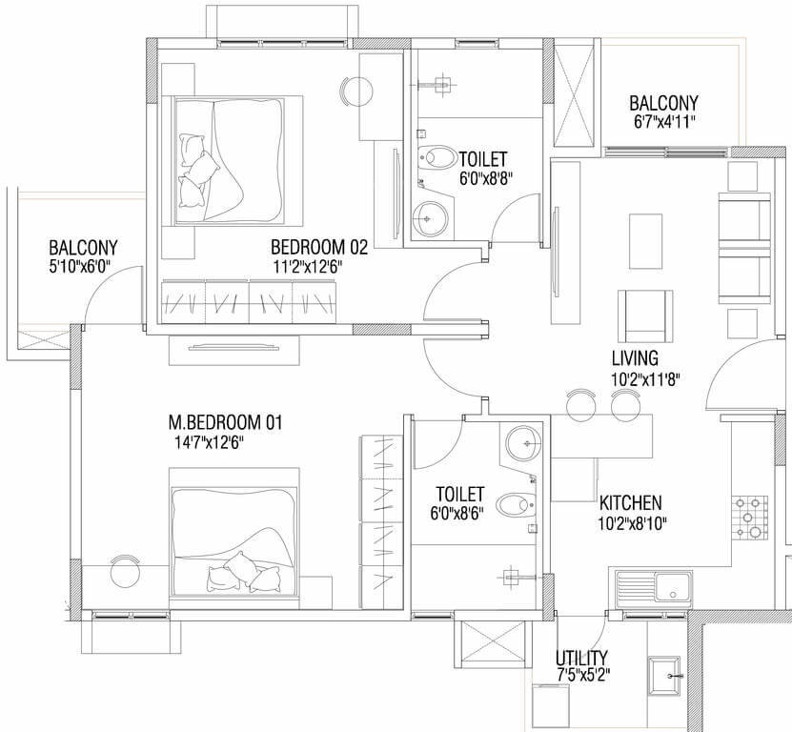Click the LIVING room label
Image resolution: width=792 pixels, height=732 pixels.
(x=634, y=358)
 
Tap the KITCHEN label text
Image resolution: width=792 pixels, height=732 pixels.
(x=630, y=502)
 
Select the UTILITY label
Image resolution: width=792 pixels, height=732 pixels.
(x=582, y=659)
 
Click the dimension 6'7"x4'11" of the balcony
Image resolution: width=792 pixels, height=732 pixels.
(x=663, y=122)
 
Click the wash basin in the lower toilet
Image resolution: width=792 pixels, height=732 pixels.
(x=522, y=441)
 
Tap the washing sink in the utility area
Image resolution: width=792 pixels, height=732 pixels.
(x=668, y=677)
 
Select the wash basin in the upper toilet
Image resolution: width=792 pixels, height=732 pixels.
(x=429, y=218)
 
